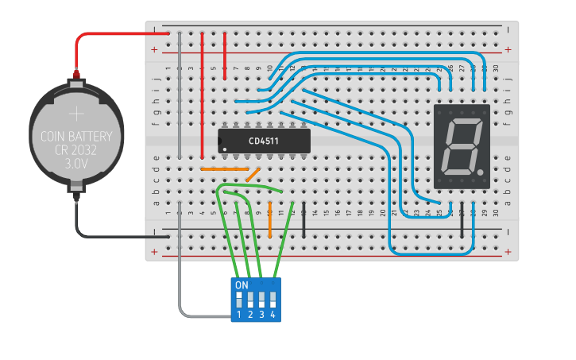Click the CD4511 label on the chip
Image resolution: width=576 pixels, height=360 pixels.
click(263, 141)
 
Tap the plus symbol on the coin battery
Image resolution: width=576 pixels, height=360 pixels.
click(77, 114)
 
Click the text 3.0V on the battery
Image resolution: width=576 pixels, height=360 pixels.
click(76, 163)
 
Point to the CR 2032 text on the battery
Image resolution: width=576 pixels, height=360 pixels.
click(76, 150)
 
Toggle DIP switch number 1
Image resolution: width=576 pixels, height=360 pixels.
click(238, 300)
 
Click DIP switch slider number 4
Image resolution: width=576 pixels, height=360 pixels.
click(273, 300)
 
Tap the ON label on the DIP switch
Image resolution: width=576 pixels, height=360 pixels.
click(242, 285)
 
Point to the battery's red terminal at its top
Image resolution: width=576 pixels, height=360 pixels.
click(77, 77)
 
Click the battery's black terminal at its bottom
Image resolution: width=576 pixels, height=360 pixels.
click(76, 189)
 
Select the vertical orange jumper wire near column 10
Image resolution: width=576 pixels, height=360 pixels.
click(270, 219)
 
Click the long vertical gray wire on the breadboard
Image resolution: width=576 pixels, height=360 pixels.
click(180, 95)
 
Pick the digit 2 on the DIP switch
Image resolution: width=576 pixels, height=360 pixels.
click(249, 315)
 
